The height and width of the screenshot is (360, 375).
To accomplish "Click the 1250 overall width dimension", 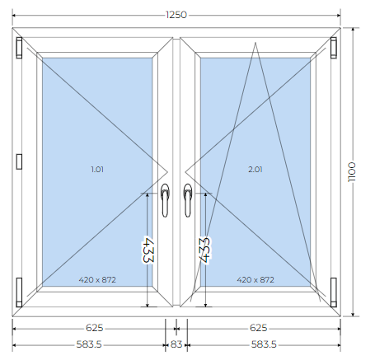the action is coord(176,15).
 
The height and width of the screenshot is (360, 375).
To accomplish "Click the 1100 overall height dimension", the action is coord(352,172).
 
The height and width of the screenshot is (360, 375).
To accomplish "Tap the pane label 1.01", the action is coord(97,169).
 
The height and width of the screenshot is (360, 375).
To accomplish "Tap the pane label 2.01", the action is coord(255,169).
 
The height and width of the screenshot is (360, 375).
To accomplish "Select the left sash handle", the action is coord(165,200).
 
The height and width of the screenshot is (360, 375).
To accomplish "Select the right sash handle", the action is coord(188,200).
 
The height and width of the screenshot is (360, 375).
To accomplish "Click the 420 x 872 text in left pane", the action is coord(97,280).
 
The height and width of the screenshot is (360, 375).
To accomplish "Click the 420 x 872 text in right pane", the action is coord(255,280).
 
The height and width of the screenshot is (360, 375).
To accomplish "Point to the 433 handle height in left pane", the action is coord(148,250).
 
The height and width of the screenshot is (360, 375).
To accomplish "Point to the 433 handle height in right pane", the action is coord(204,250).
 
